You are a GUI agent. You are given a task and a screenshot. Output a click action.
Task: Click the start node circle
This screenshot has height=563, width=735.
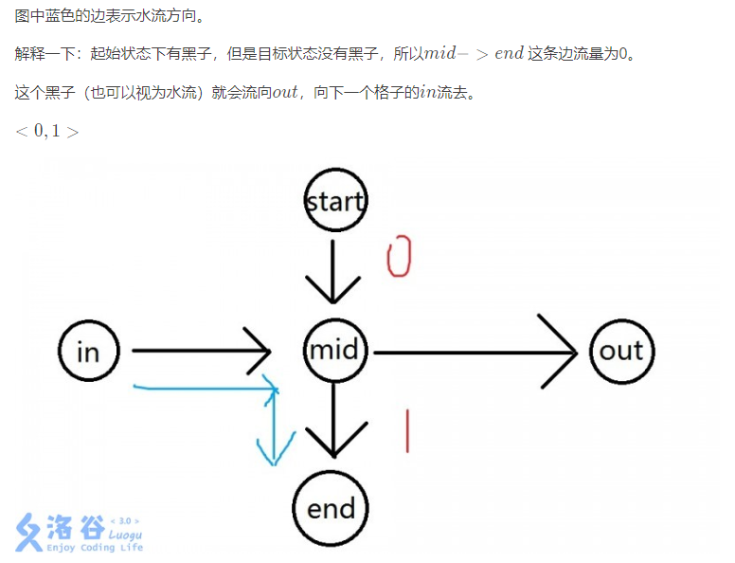[x=334, y=201]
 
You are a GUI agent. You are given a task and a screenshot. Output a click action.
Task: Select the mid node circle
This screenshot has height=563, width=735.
[x=334, y=351]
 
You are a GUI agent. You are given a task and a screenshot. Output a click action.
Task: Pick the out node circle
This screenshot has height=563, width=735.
[x=621, y=351]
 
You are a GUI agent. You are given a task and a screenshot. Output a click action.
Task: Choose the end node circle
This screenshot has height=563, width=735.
[x=331, y=508]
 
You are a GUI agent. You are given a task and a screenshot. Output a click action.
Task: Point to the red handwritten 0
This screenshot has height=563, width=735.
[x=400, y=257]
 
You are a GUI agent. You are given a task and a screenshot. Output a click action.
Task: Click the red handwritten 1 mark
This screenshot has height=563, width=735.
[x=407, y=430]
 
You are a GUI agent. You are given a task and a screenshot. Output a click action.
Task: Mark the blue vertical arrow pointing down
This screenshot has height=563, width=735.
[x=274, y=427]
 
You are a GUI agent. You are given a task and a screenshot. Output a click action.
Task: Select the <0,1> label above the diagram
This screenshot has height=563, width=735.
[x=46, y=131]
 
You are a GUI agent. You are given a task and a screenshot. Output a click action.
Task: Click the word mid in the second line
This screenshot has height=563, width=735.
[x=442, y=53]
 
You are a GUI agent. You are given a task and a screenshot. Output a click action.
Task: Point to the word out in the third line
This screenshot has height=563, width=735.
[x=285, y=93]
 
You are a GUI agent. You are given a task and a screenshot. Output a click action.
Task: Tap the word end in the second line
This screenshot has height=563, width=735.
[x=509, y=53]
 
